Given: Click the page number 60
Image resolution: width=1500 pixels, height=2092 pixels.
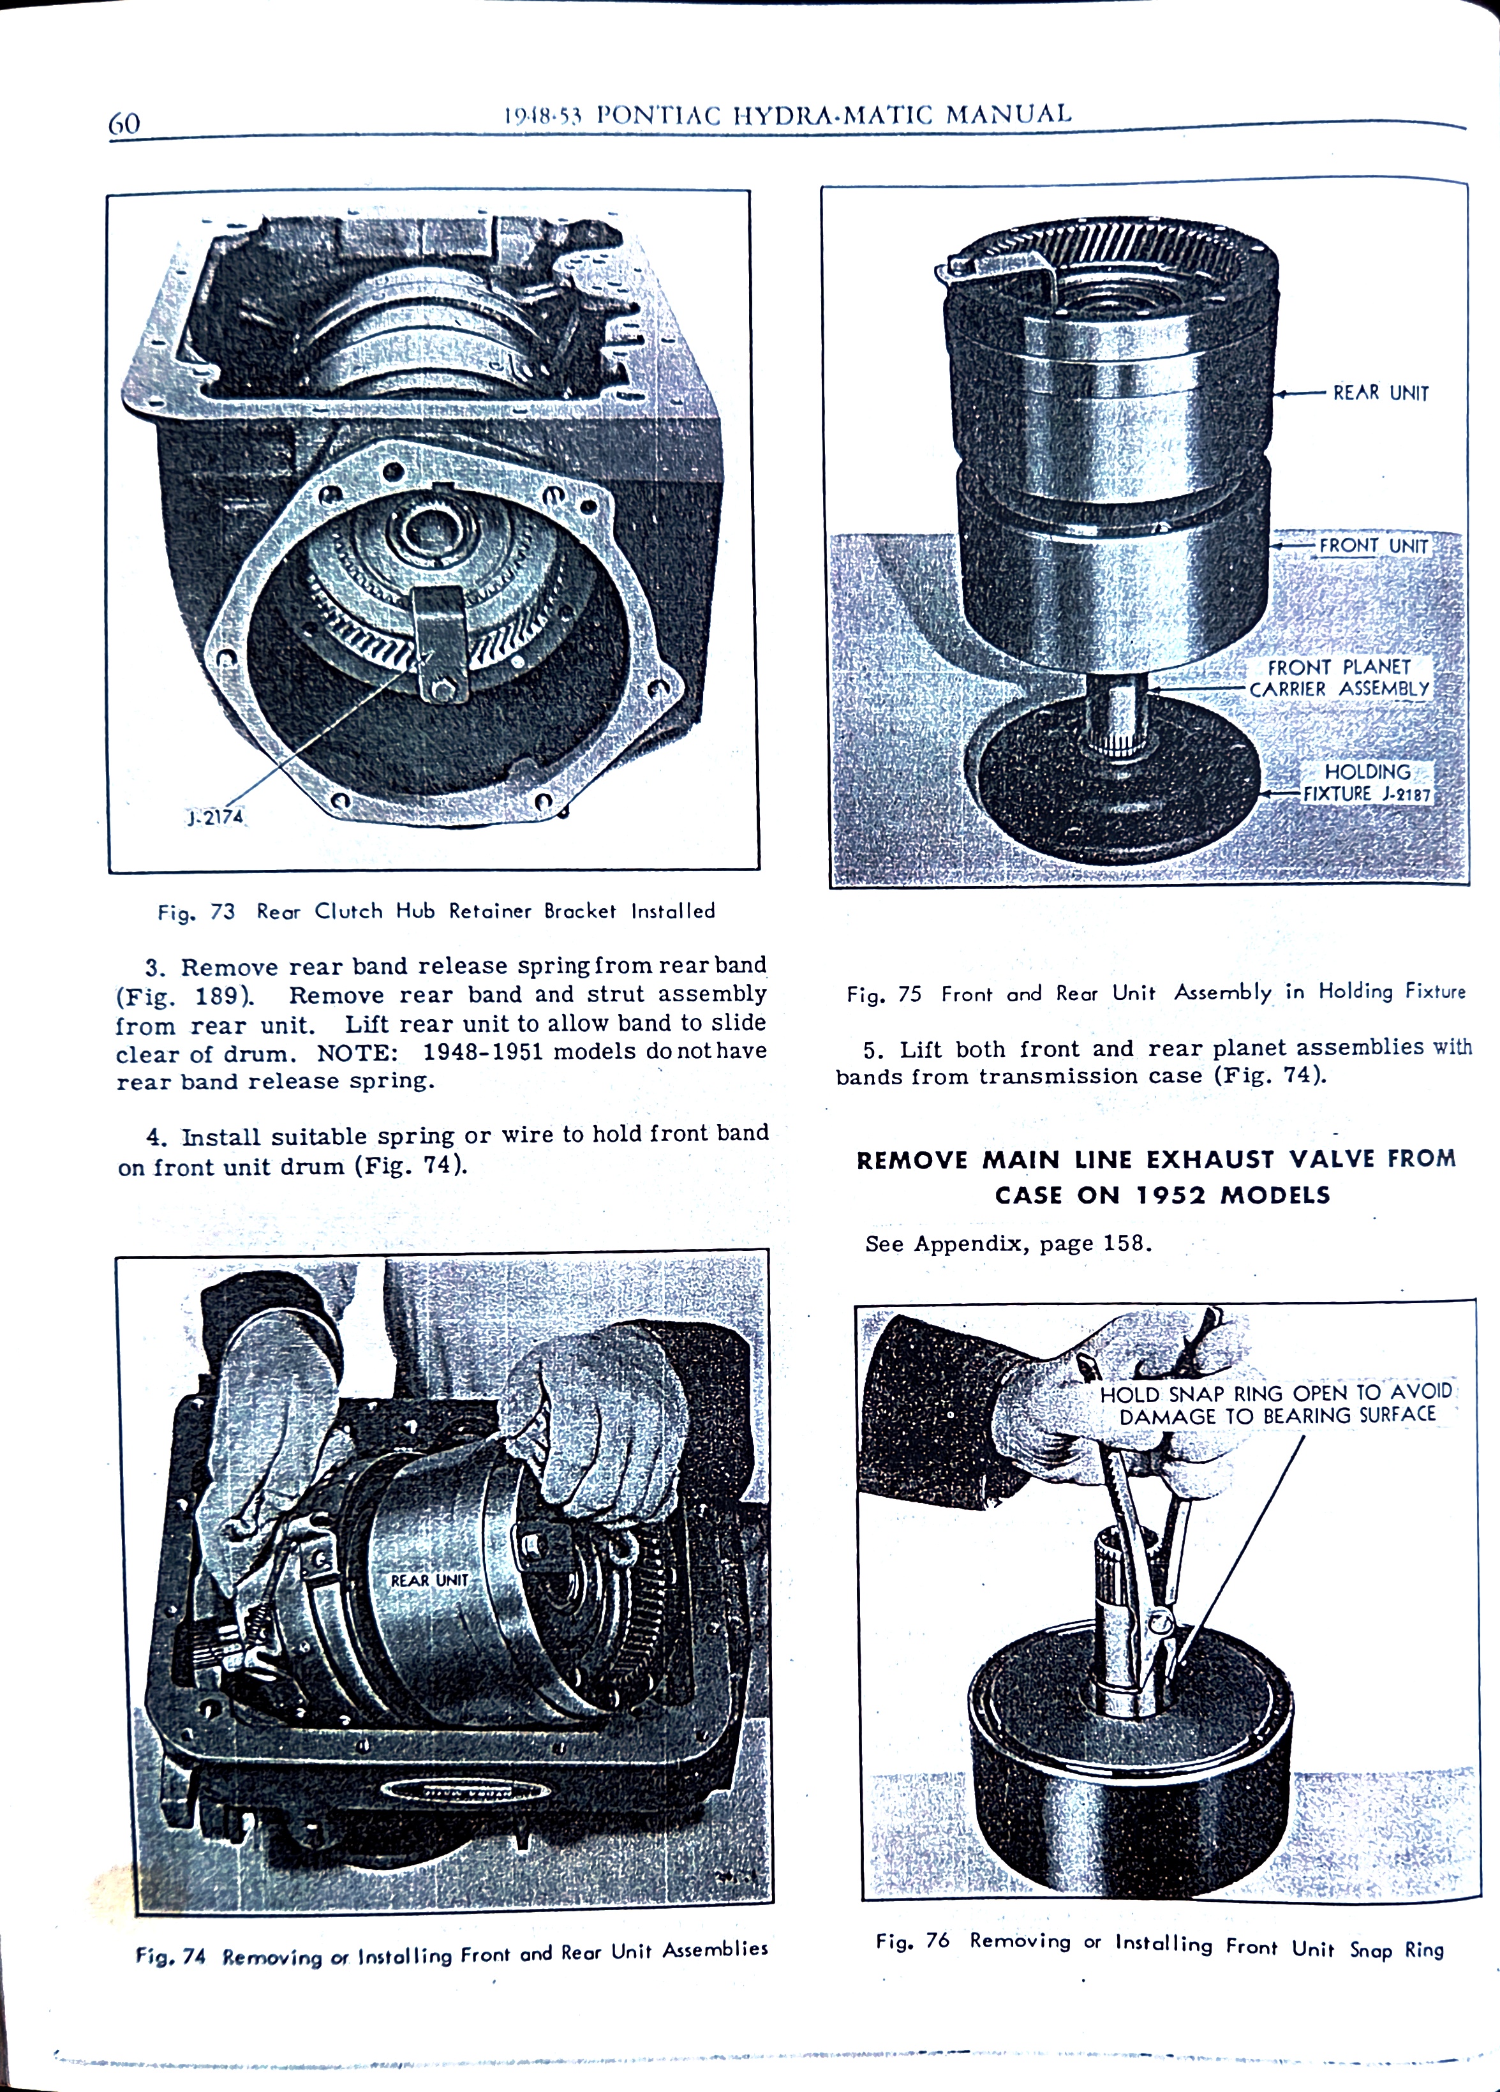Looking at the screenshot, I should pyautogui.click(x=124, y=124).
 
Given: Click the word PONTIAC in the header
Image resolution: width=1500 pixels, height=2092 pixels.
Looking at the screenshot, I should pyautogui.click(x=658, y=116).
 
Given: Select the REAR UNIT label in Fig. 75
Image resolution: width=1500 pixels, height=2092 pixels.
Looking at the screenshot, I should pyautogui.click(x=1380, y=393).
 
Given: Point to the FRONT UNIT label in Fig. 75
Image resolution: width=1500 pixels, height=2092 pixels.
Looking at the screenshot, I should pyautogui.click(x=1373, y=546).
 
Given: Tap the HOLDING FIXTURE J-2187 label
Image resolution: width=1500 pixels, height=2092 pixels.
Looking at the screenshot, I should pyautogui.click(x=1367, y=783).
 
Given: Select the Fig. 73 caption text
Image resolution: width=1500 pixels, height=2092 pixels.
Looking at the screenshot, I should pyautogui.click(x=435, y=911).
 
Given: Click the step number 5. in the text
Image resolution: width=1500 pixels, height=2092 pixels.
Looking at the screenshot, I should pyautogui.click(x=874, y=1050).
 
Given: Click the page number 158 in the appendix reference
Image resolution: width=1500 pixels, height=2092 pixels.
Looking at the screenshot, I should pyautogui.click(x=1124, y=1243).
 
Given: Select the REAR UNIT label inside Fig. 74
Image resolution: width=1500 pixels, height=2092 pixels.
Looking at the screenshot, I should pyautogui.click(x=429, y=1581).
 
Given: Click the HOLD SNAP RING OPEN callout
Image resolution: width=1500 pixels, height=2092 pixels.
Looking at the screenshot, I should pyautogui.click(x=1276, y=1404).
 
